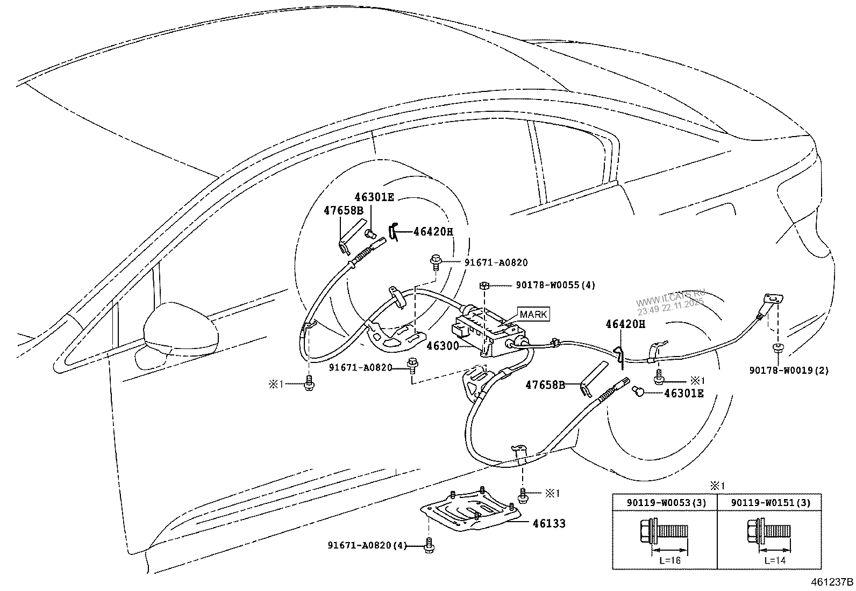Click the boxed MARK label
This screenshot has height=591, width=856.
pos(533,314)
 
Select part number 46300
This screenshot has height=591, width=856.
pos(443,346)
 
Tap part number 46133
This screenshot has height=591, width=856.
pos(549,523)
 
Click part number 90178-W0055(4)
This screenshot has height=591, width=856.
pos(555,285)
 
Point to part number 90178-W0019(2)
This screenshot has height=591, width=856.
pos(789,370)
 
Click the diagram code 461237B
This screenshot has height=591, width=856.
pos(832,582)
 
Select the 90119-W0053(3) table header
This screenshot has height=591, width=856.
pos(666,502)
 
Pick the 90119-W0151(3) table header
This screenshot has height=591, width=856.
pos(770,502)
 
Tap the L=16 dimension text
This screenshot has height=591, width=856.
pos(670,560)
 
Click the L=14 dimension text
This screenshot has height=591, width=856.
pos(775,560)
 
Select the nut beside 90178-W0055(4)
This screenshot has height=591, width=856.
pos(483,285)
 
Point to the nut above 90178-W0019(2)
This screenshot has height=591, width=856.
pos(778,347)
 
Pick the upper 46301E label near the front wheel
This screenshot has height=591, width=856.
pos(374,197)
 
